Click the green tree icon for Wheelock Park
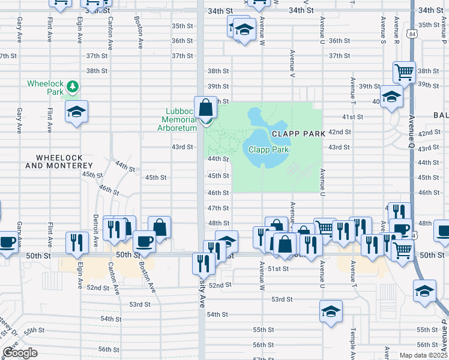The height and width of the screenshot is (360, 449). pyautogui.click(x=73, y=88)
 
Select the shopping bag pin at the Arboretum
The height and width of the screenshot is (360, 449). pyautogui.click(x=206, y=109)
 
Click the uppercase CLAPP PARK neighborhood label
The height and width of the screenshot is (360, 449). pyautogui.click(x=298, y=133)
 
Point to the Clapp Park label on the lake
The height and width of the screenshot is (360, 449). pyautogui.click(x=269, y=149)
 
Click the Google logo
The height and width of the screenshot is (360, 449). pyautogui.click(x=20, y=353)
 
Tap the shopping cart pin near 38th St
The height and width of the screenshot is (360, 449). pyautogui.click(x=405, y=73)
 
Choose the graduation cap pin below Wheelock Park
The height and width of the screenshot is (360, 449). pyautogui.click(x=76, y=112)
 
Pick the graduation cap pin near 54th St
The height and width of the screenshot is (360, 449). pyautogui.click(x=330, y=311)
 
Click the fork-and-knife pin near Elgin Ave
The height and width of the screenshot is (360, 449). pyautogui.click(x=76, y=242)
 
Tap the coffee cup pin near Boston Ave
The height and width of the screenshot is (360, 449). pyautogui.click(x=144, y=241)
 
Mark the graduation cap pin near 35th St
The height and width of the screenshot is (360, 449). pyautogui.click(x=244, y=29)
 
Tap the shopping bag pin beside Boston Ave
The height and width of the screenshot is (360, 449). pyautogui.click(x=160, y=227)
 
